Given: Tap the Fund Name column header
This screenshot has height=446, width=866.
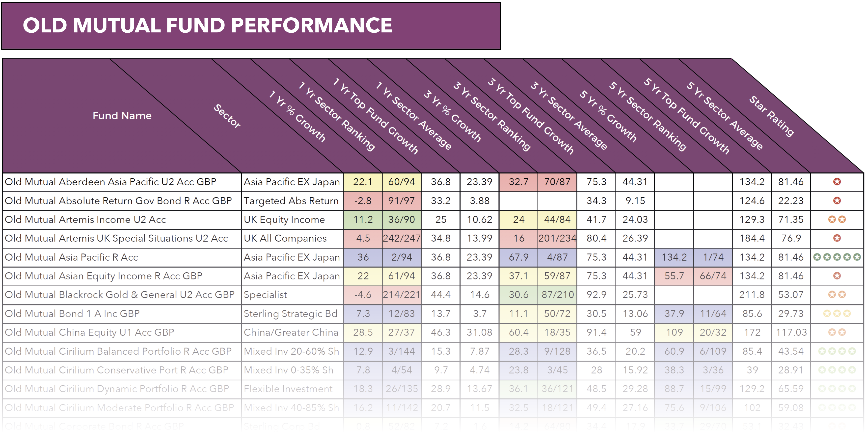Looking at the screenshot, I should point(122,116).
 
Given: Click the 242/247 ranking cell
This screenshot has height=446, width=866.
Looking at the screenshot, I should point(401,238).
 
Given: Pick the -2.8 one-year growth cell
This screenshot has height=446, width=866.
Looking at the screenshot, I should point(363,201).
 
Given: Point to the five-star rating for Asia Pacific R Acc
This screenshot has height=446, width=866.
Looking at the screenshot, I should point(837,257).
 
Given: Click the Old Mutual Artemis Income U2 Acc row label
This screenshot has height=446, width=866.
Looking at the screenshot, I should point(85,220).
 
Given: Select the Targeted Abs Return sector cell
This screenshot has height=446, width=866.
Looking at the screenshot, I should point(291,201).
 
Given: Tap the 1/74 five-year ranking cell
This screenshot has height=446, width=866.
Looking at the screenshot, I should point(713,257).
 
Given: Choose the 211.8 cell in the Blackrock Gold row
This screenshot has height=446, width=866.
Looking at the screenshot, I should point(752,295).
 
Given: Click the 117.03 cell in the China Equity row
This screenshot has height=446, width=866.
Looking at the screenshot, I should point(791,332).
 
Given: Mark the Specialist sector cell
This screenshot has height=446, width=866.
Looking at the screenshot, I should point(265,295).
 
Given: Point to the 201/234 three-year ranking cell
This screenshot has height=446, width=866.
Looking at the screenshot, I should point(557,238).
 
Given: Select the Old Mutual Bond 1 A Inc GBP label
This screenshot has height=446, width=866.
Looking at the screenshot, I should point(72,314).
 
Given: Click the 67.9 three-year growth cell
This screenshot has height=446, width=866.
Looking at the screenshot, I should point(518,257).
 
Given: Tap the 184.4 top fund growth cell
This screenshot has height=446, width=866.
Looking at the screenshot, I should point(752,238).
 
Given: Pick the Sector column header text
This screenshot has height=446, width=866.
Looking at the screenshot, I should point(227,116).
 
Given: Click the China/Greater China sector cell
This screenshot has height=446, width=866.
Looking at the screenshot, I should point(291,332).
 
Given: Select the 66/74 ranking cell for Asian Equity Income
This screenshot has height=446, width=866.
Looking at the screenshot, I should point(713,276).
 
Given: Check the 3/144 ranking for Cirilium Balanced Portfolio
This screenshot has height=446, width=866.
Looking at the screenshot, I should point(401,351).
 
